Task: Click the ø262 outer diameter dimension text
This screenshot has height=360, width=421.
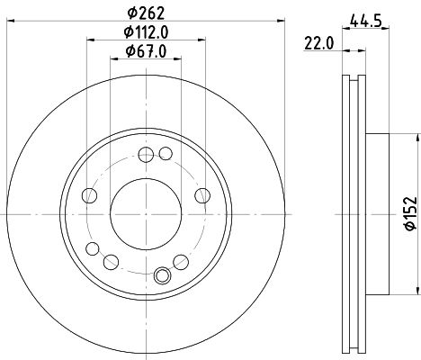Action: click(145, 14)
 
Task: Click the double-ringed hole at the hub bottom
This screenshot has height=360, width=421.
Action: click(163, 276)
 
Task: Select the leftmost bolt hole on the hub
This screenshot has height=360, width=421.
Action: click(87, 195)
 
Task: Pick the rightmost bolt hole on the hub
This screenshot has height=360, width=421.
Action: click(201, 195)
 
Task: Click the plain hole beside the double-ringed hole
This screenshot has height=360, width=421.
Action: click(112, 262)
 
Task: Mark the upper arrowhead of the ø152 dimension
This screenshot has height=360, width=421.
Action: click(416, 138)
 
